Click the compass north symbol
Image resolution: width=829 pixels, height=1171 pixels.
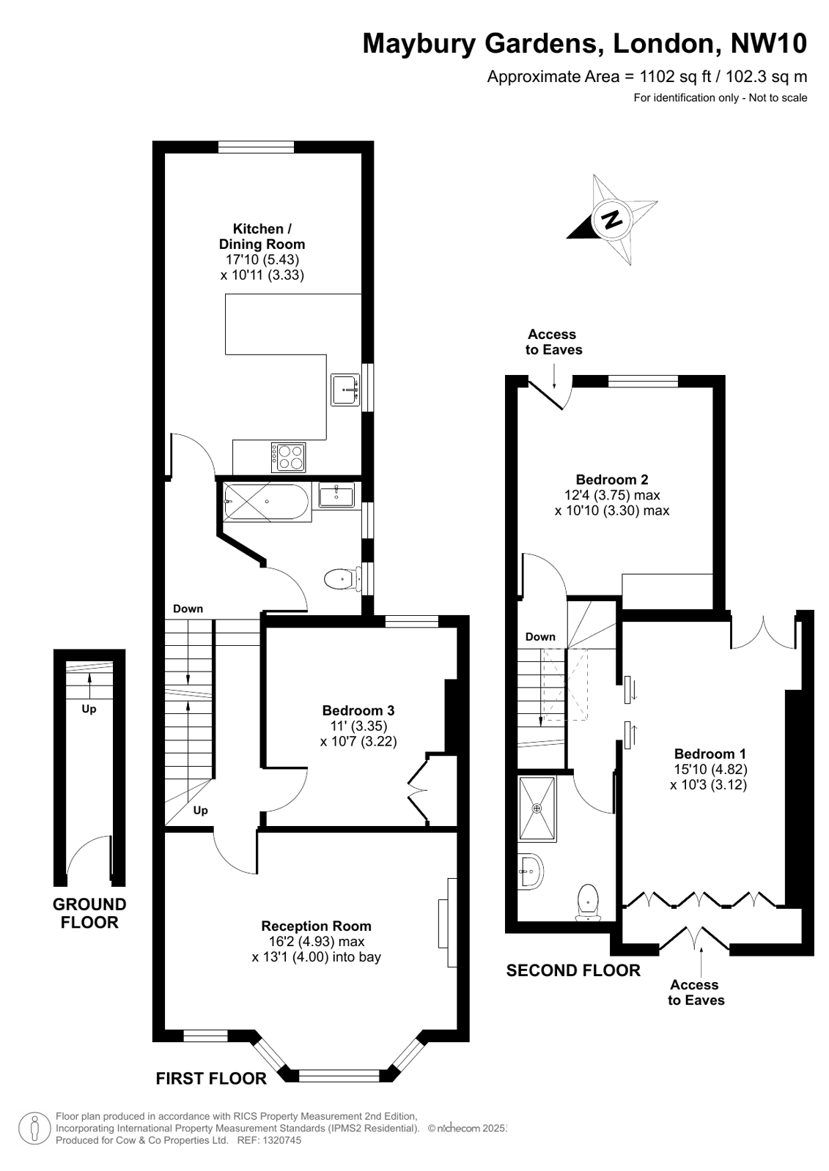pyautogui.click(x=611, y=219)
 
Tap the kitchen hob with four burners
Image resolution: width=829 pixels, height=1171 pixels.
pyautogui.click(x=288, y=458)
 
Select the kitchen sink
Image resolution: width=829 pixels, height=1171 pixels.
pyautogui.click(x=345, y=390)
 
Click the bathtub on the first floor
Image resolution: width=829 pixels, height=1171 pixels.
pyautogui.click(x=267, y=502)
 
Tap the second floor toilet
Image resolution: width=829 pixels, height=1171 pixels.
pyautogui.click(x=589, y=902)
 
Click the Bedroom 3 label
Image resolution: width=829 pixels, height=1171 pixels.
pyautogui.click(x=358, y=710)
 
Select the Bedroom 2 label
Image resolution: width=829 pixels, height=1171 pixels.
pyautogui.click(x=612, y=480)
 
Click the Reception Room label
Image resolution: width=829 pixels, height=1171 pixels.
pyautogui.click(x=316, y=926)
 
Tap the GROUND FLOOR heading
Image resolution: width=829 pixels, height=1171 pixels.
pyautogui.click(x=89, y=913)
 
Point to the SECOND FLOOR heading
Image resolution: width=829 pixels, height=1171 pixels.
pyautogui.click(x=573, y=971)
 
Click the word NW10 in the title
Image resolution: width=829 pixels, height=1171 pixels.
pyautogui.click(x=769, y=43)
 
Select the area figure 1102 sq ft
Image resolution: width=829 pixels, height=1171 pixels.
pyautogui.click(x=676, y=77)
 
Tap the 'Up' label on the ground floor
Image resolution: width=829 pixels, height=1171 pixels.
pyautogui.click(x=89, y=710)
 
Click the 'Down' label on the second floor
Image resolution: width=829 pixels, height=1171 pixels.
pyautogui.click(x=540, y=636)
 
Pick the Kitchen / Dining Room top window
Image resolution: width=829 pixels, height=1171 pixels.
pyautogui.click(x=256, y=147)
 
